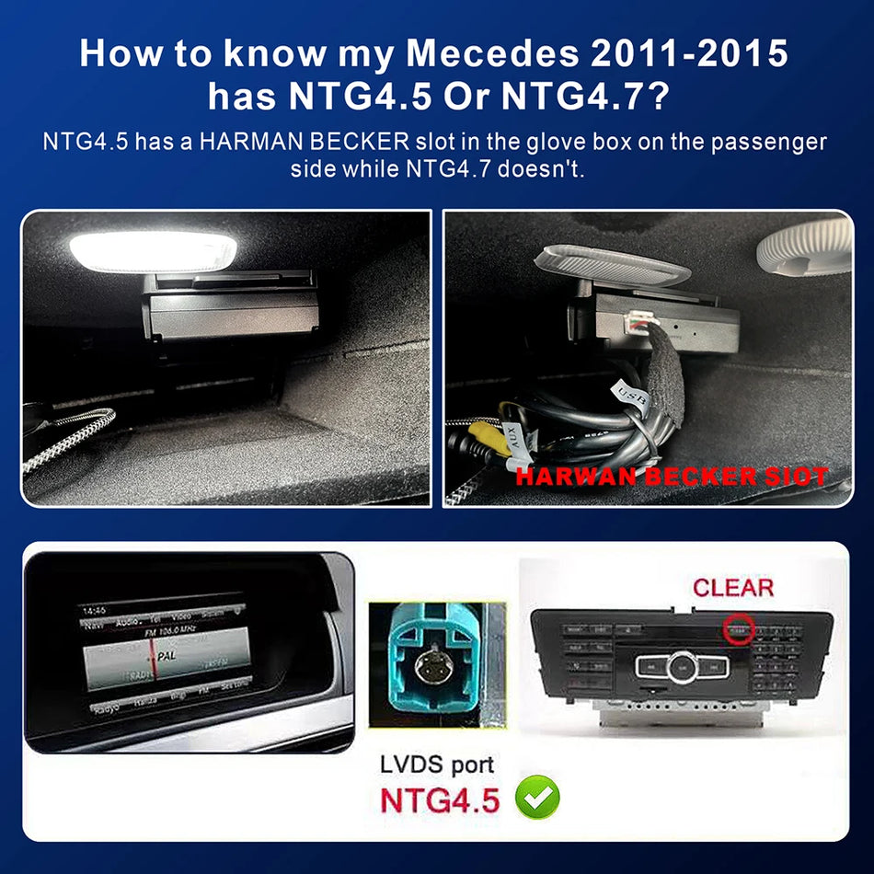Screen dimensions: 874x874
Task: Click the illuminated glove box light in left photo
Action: pyautogui.click(x=153, y=250)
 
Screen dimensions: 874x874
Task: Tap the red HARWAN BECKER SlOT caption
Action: pyautogui.click(x=671, y=477)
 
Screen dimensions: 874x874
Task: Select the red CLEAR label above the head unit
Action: pyautogui.click(x=732, y=587)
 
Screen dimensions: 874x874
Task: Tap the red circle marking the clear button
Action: pyautogui.click(x=738, y=630)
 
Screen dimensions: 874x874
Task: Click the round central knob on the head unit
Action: pyautogui.click(x=683, y=664)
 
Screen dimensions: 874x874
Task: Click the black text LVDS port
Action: pyautogui.click(x=437, y=764)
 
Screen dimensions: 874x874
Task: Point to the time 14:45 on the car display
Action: pyautogui.click(x=95, y=610)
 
